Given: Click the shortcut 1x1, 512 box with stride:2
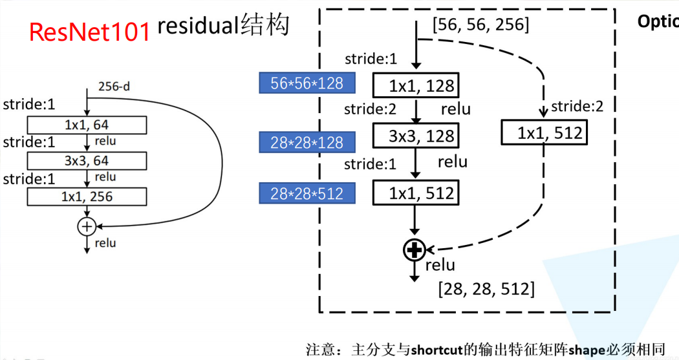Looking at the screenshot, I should tap(544, 133).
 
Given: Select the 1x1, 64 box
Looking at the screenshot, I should tap(87, 124).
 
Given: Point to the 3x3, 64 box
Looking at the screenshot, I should tap(87, 160).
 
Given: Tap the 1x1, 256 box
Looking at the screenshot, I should tap(87, 196).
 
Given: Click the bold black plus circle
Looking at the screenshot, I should tap(415, 249).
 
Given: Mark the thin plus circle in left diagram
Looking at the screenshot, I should tap(87, 226).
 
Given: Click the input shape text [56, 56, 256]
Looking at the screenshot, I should tap(480, 25).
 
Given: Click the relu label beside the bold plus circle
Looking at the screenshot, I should tap(440, 264).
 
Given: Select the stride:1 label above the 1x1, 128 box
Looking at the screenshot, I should tap(371, 59).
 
